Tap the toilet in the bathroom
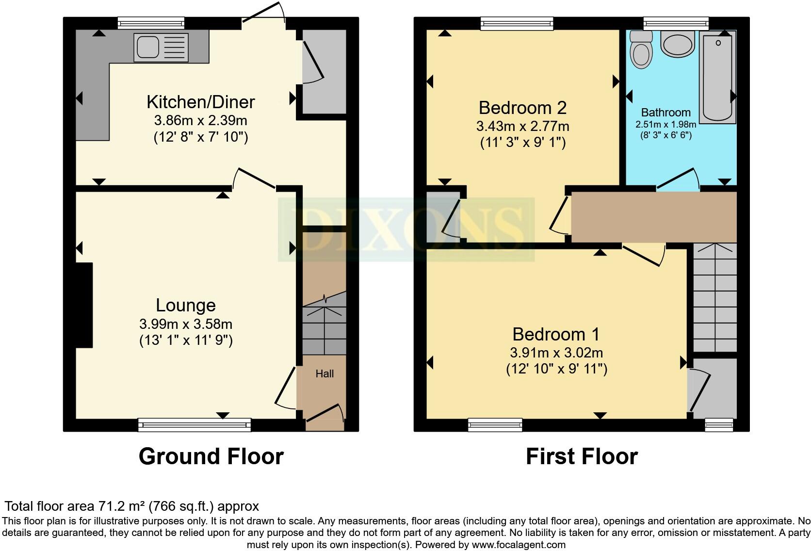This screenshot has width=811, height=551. tap(641, 52)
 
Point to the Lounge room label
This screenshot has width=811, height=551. tap(185, 305)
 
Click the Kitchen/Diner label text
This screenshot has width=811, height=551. tap(200, 102)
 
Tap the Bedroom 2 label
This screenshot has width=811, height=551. tap(522, 108)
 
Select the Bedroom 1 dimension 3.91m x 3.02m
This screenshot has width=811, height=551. tap(556, 353)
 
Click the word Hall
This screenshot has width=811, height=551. tap(324, 373)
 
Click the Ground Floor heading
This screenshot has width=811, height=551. tap(211, 456)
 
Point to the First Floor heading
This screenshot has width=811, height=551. tap(581, 456)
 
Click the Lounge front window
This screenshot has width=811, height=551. tap(195, 425)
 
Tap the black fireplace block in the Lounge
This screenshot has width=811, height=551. tap(84, 305)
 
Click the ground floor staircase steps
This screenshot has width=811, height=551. tap(324, 330)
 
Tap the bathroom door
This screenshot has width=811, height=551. tap(678, 178)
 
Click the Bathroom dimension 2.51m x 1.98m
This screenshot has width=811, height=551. tap(665, 125)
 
